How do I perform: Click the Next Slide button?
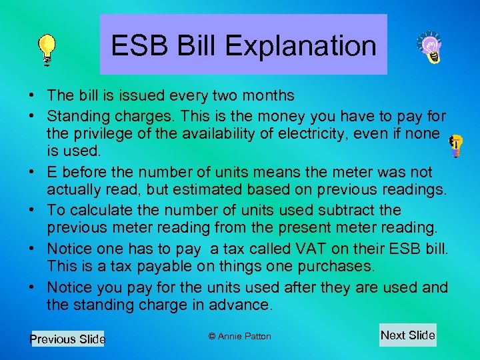coord(407,335)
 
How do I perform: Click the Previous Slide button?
coord(68,339)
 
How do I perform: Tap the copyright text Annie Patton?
coord(239,336)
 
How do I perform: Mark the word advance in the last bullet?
coord(244,305)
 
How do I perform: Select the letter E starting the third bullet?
coord(52,172)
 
